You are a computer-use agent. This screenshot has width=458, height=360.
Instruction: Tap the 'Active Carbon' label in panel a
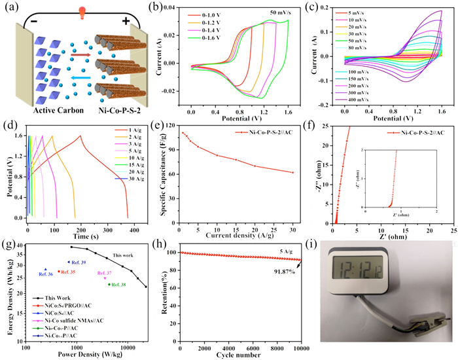tap(43, 107)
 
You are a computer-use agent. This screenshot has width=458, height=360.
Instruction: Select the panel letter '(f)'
tap(317, 124)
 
